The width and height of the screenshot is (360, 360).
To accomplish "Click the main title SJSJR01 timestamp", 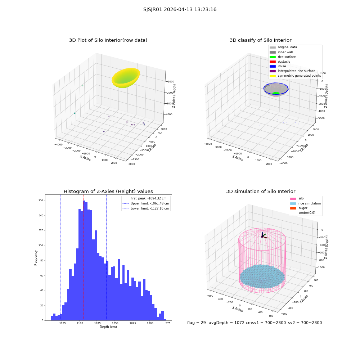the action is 180,10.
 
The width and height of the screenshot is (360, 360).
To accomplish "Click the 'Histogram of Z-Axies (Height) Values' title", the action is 108,192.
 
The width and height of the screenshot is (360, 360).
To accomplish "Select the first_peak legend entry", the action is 144,198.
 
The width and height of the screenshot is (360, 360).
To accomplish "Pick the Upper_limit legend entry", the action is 145,203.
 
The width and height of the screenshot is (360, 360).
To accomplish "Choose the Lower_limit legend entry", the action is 145,208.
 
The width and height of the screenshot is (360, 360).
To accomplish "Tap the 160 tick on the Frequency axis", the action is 41,201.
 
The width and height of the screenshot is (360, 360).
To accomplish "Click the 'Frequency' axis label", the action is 36,258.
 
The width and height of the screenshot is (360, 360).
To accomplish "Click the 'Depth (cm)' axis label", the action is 108,327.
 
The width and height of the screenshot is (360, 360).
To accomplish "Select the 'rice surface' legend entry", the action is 283,57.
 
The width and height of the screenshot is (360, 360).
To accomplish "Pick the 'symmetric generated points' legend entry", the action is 295,76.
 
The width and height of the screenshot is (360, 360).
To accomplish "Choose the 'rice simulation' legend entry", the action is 305,203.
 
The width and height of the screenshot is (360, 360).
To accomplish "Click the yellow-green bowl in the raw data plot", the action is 126,78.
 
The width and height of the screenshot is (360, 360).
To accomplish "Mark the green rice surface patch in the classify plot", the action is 276,93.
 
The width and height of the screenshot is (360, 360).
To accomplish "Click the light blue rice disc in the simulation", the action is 262,276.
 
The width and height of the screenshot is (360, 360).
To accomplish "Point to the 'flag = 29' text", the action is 197,323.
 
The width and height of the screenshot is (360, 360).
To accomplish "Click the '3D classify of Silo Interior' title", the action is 261,40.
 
